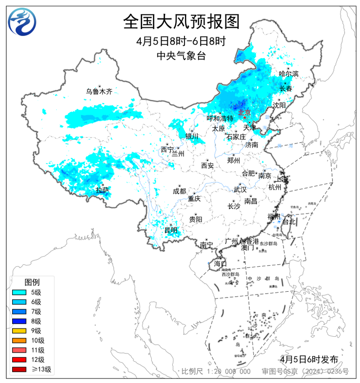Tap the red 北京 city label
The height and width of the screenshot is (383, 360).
[244, 112]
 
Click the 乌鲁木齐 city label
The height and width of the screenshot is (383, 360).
[99, 91]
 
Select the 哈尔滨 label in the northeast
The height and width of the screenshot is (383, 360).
[288, 73]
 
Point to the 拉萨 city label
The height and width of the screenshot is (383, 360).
[102, 190]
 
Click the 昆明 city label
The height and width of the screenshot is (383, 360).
[171, 230]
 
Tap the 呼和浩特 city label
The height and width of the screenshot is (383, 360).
[220, 119]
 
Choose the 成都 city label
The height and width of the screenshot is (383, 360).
[179, 191]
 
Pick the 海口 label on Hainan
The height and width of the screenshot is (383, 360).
[220, 263]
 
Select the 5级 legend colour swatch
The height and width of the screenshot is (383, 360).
[21, 292]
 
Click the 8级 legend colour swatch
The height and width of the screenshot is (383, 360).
[21, 321]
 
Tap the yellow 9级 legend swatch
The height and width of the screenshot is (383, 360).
[21, 331]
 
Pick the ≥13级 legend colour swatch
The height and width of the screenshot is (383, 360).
[21, 370]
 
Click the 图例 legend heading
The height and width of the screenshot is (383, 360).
[32, 282]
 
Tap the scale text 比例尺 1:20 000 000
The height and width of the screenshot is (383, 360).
[216, 372]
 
